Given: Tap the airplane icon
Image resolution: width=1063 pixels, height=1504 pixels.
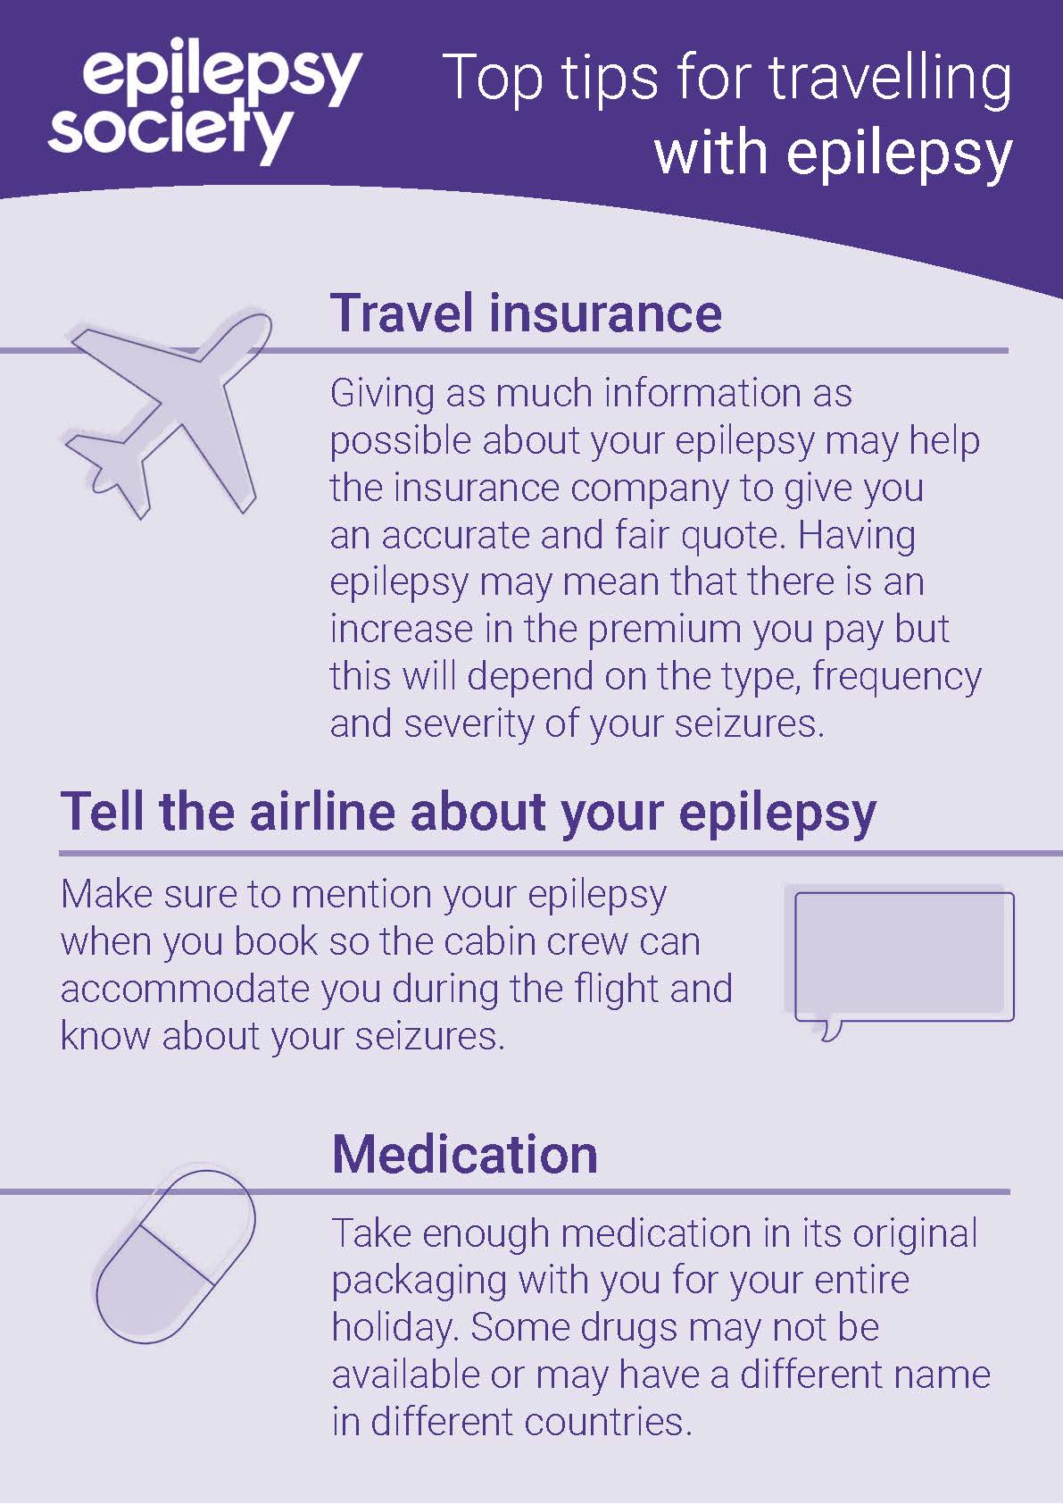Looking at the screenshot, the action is coord(168,414).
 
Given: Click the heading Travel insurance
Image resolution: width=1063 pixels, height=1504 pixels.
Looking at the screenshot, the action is coord(526,313).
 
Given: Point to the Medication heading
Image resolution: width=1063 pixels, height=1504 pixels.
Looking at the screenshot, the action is coord(464,1154).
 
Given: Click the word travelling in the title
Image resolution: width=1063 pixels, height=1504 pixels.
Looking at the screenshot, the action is coord(889,80).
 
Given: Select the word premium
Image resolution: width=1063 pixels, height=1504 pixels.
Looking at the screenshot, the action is coord(665,630).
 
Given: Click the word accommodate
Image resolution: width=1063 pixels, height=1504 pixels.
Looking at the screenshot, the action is coord(185,990).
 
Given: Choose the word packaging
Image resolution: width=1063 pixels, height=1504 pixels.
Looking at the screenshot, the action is coord(419,1281).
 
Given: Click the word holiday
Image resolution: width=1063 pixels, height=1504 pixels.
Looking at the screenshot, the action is coord(395,1327).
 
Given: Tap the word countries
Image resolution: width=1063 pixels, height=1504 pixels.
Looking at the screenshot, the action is coord(608,1422).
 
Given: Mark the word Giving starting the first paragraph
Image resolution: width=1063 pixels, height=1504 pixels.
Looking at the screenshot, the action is coord(382,394).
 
